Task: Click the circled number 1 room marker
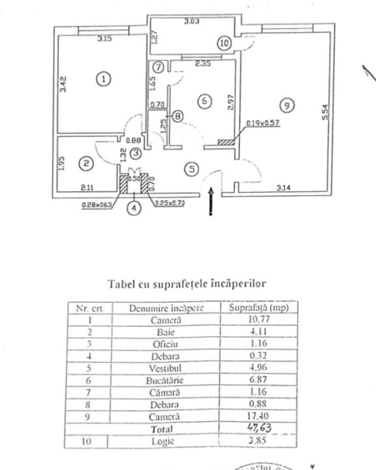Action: pos(103,79)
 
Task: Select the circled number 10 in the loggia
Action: pos(224,43)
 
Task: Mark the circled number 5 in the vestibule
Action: pos(190,169)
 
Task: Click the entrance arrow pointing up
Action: pos(210,201)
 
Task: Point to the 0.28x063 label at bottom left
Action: pos(97,204)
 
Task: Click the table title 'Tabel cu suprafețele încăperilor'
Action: pos(186,284)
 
